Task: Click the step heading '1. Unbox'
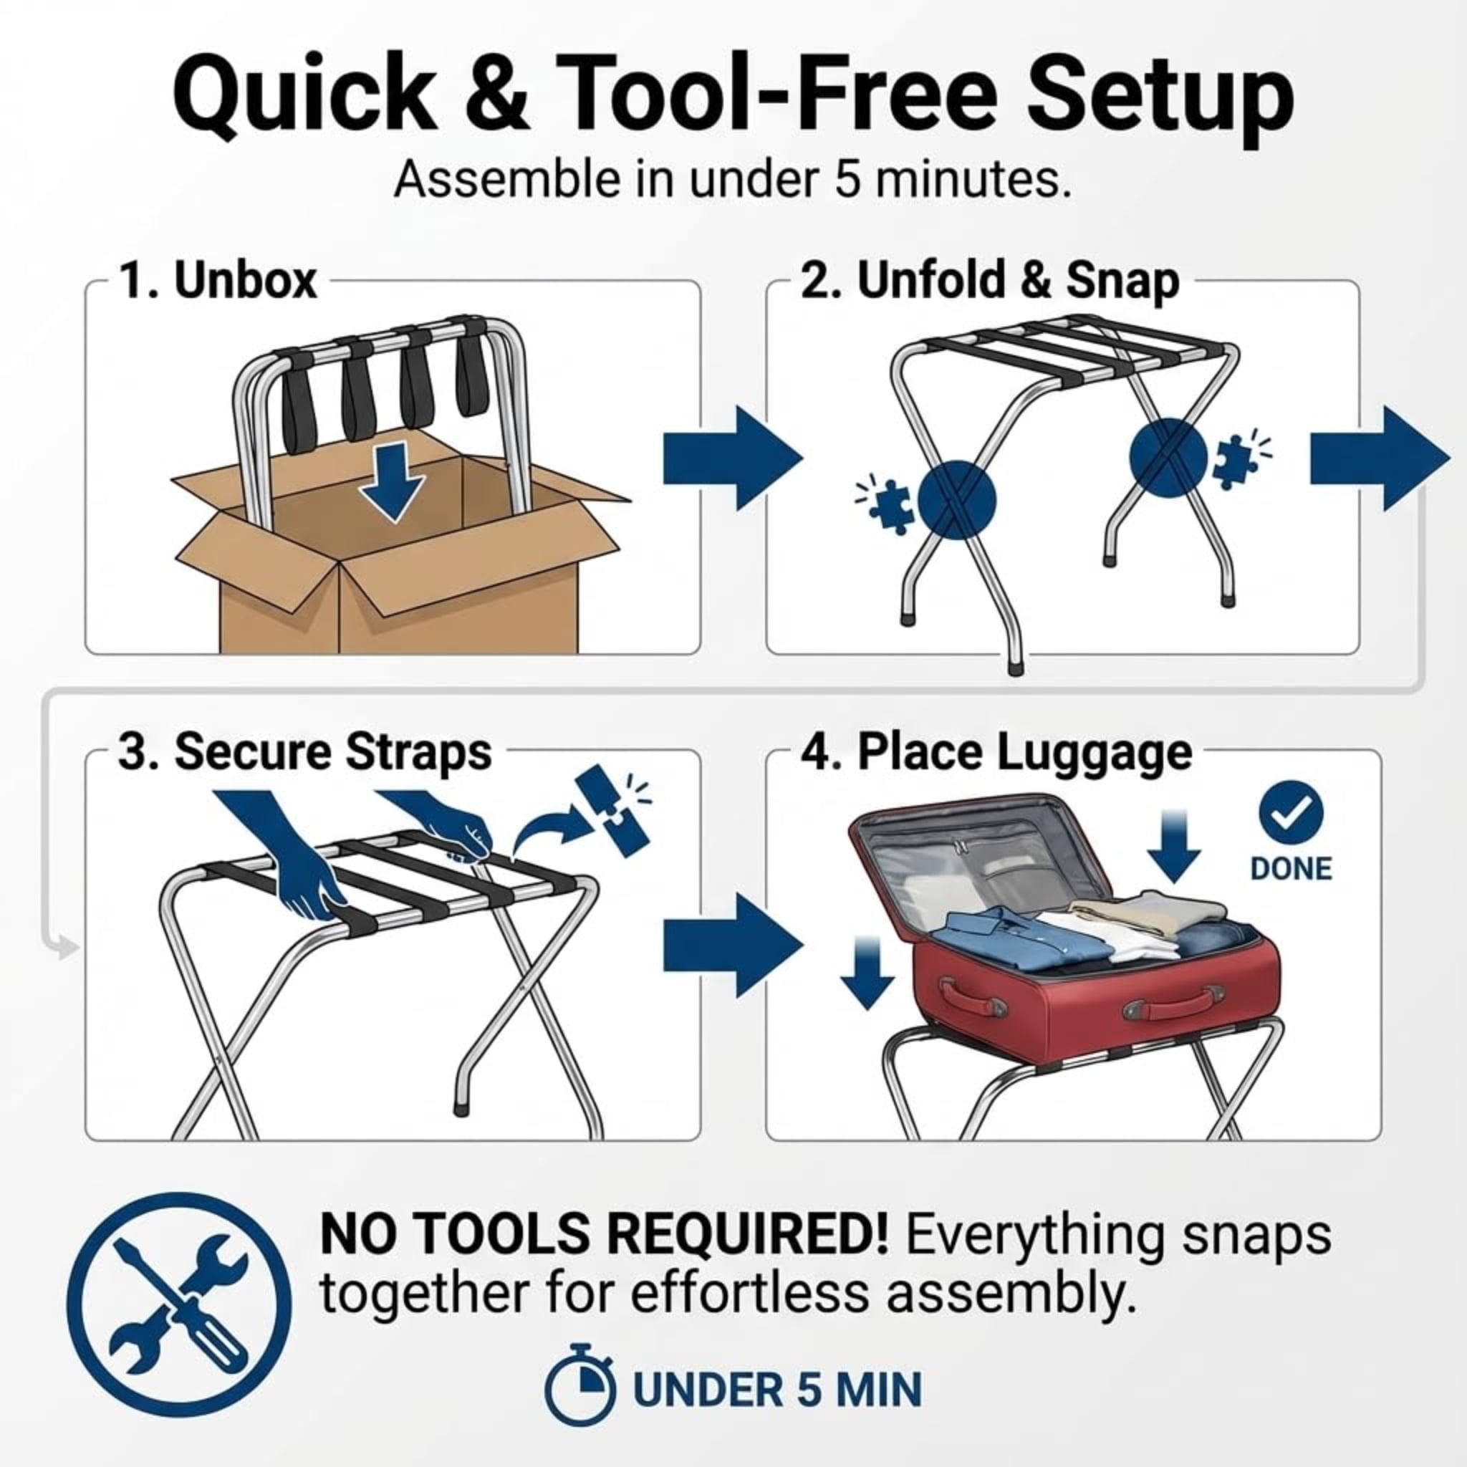pyautogui.click(x=218, y=280)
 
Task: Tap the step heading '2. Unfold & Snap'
pyautogui.click(x=989, y=281)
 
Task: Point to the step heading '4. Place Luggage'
pyautogui.click(x=996, y=754)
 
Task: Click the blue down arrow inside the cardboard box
pyautogui.click(x=392, y=483)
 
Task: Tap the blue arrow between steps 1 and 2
pyautogui.click(x=733, y=458)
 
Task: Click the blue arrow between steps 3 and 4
pyautogui.click(x=733, y=946)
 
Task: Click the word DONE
pyautogui.click(x=1291, y=869)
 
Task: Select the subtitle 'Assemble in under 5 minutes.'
pyautogui.click(x=732, y=181)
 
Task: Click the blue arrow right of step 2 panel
pyautogui.click(x=1380, y=458)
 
